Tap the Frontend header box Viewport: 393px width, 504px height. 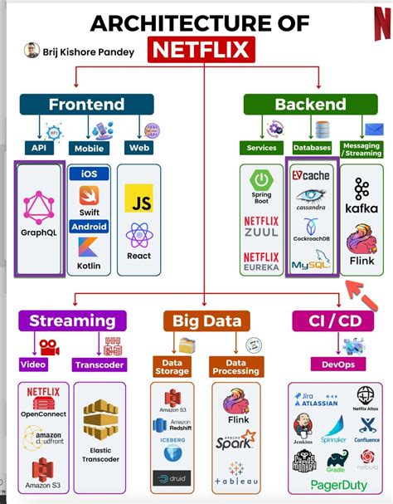coord(87,104)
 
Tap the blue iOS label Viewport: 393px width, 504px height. coord(89,174)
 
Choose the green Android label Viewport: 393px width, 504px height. coord(89,226)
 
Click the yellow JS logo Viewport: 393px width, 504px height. coord(138,198)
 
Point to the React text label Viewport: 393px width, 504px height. coord(138,257)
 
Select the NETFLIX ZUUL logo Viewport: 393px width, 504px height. coord(262,227)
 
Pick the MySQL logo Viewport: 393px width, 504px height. coord(311,265)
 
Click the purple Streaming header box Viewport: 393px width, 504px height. coord(72,321)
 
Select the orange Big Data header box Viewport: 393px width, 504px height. coord(206,321)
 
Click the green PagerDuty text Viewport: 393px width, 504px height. coord(340,486)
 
